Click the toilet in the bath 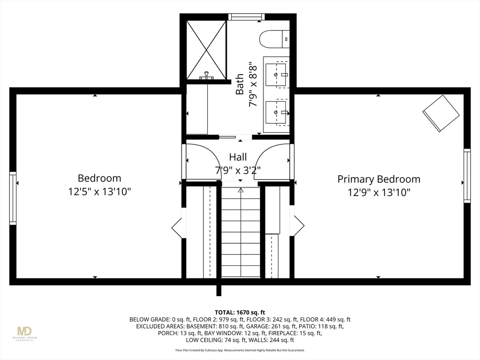point(274,39)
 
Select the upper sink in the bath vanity point(276,75)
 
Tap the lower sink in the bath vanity point(276,112)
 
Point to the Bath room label point(240,84)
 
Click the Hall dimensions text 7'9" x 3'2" point(238,170)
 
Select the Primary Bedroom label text point(379,179)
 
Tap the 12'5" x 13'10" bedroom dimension point(99,192)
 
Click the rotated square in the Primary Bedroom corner point(441,113)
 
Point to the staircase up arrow point(240,190)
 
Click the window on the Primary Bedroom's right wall point(467,176)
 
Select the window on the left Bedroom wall point(13,198)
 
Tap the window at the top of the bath point(247,16)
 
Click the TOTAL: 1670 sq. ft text point(240,313)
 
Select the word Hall point(238,157)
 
